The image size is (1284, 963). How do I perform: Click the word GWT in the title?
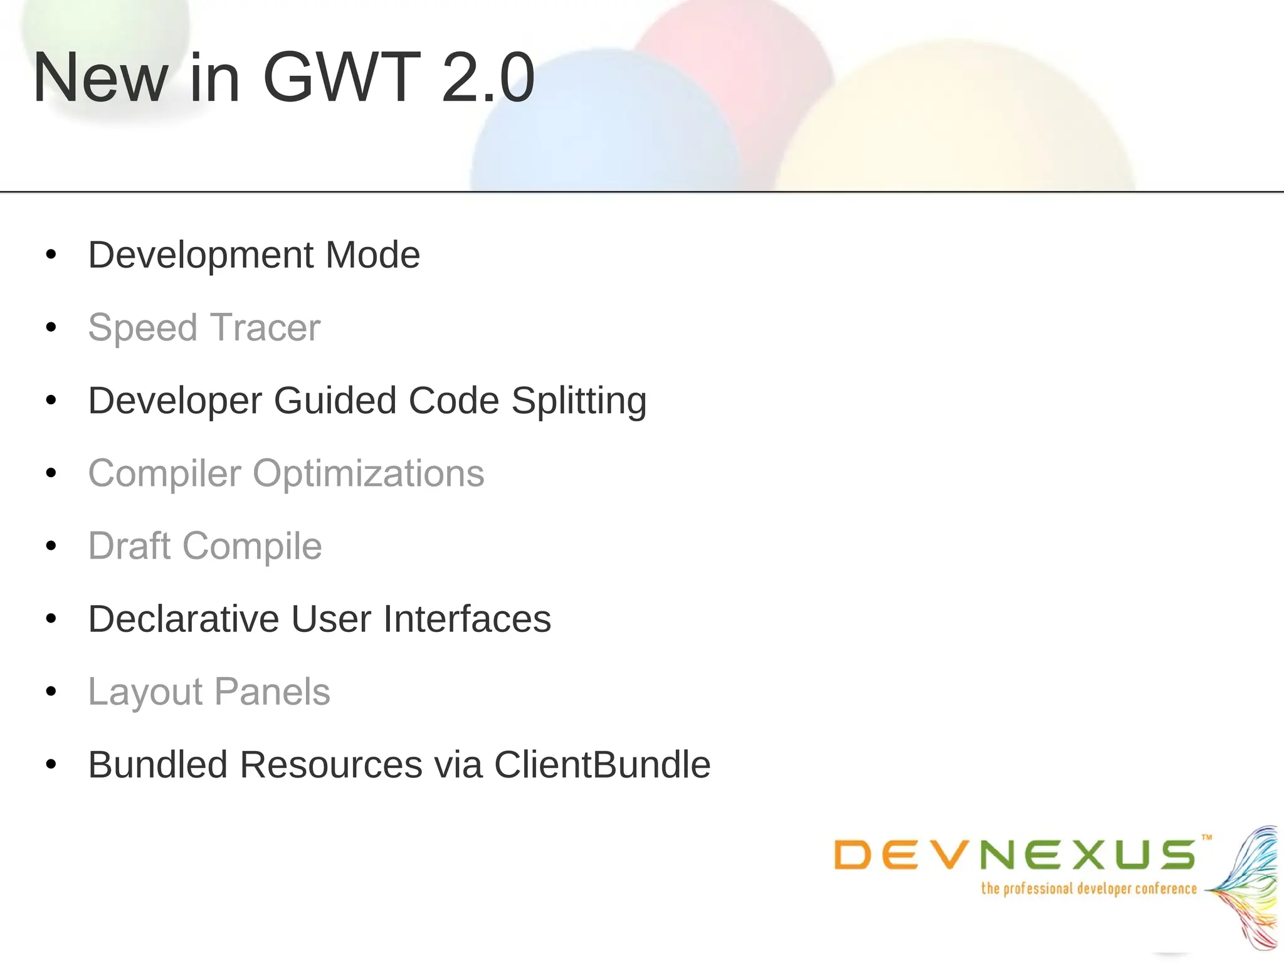341,78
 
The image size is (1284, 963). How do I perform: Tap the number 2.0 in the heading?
488,78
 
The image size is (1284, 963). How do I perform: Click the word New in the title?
100,78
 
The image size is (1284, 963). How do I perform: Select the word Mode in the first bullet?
372,255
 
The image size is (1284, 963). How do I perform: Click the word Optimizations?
368,473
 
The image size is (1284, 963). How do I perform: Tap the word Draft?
129,546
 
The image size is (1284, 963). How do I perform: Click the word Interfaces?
467,619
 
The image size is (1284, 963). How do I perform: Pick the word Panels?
272,692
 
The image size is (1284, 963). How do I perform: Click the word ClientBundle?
602,765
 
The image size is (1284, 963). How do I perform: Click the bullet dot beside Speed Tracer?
51,327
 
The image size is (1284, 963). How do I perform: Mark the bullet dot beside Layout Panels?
51,692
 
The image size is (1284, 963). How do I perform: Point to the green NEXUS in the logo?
1088,855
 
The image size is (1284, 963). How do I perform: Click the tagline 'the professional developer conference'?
1088,889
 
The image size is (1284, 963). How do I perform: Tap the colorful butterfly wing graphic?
1248,890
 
